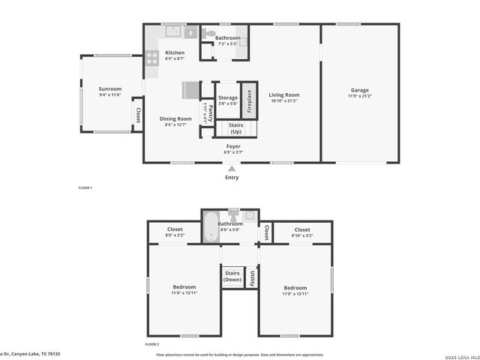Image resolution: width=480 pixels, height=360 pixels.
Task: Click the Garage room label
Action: coord(359,90)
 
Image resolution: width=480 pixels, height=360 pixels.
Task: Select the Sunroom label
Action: coord(109,89)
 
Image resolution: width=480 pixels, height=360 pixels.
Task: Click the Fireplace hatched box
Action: coord(249,100)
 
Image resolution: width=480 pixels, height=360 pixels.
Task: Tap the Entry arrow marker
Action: coord(232,169)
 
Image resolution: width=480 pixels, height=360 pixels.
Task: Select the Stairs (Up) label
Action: coord(235,128)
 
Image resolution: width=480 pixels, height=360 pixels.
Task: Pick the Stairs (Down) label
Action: coord(232,276)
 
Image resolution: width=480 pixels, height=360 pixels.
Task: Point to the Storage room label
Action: coord(227,98)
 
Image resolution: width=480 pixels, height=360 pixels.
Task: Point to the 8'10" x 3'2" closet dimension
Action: coord(302,235)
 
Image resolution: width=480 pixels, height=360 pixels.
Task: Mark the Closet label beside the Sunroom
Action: coord(138,115)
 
